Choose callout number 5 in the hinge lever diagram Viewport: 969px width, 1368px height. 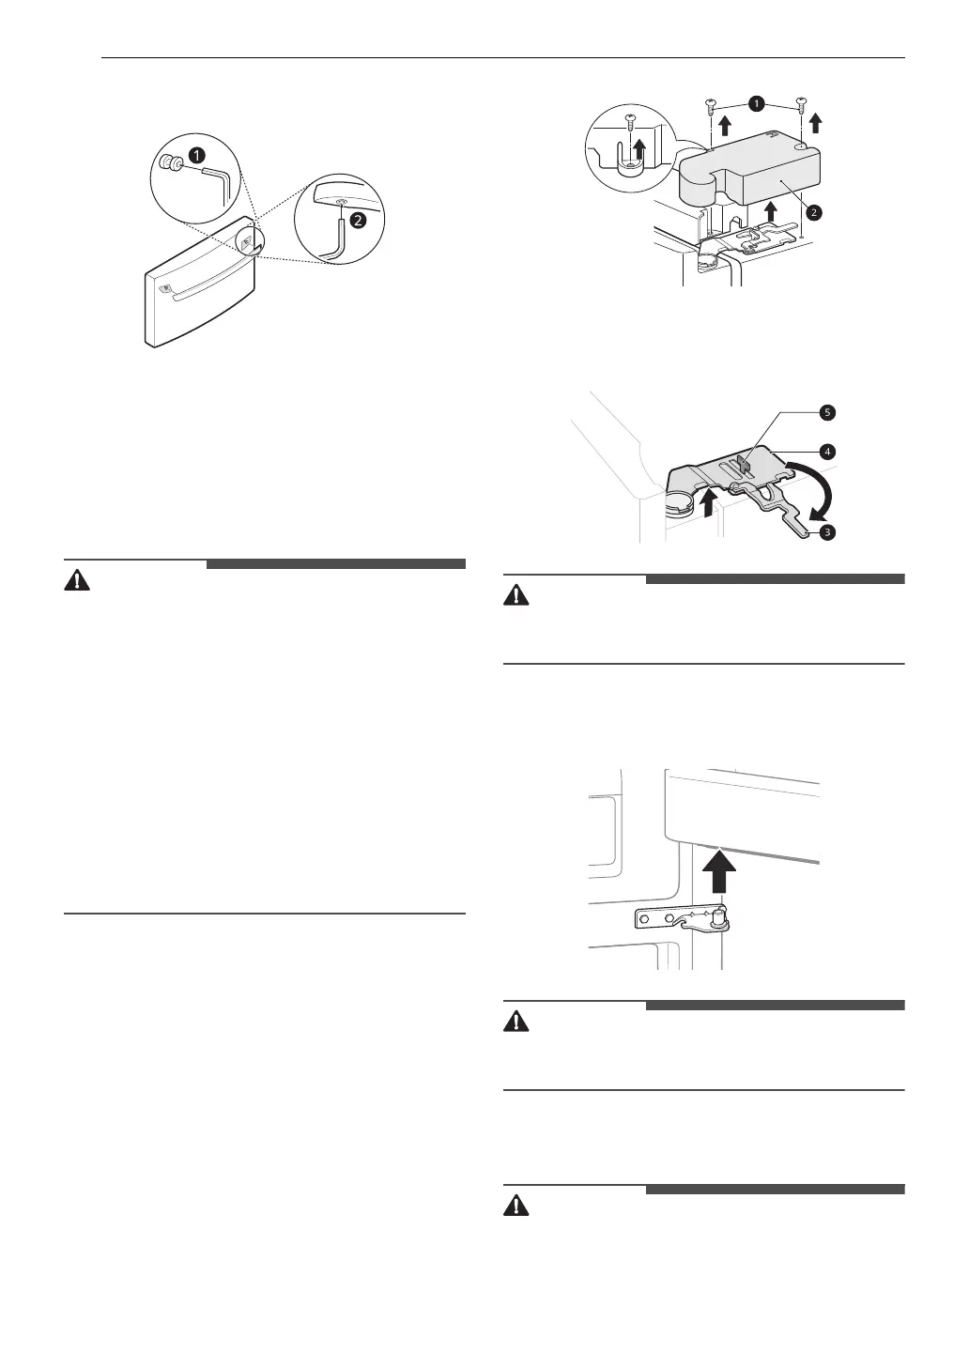[x=825, y=412]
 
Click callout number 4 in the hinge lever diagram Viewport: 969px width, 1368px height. [x=826, y=451]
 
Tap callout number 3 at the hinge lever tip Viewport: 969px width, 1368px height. [x=826, y=531]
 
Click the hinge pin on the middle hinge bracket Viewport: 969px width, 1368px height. [x=720, y=915]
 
